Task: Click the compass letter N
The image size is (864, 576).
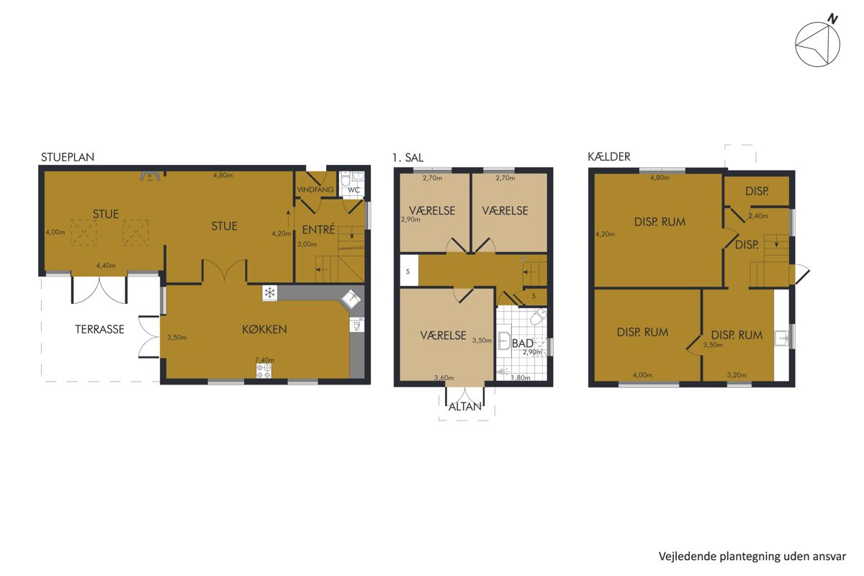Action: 833,19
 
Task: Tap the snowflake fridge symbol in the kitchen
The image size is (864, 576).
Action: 269,293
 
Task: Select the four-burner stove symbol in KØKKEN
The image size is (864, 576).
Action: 264,371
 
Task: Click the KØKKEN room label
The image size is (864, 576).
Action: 265,329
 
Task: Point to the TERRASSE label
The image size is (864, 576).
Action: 99,329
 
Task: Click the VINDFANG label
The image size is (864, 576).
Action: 315,189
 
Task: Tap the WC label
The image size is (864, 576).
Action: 354,190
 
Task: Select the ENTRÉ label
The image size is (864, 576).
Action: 318,229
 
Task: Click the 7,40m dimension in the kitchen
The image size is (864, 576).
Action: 265,360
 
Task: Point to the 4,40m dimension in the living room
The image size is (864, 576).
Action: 106,266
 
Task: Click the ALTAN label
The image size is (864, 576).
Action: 465,406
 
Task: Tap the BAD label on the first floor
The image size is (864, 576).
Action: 523,343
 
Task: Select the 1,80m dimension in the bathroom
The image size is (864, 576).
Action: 521,378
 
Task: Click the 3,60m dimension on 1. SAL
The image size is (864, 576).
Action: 444,378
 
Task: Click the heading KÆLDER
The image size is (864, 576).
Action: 609,156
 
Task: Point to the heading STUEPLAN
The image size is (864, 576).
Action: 68,157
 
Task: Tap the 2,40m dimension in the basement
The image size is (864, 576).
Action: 758,216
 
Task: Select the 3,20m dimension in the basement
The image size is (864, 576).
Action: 737,374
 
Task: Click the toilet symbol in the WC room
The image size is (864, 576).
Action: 345,179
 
